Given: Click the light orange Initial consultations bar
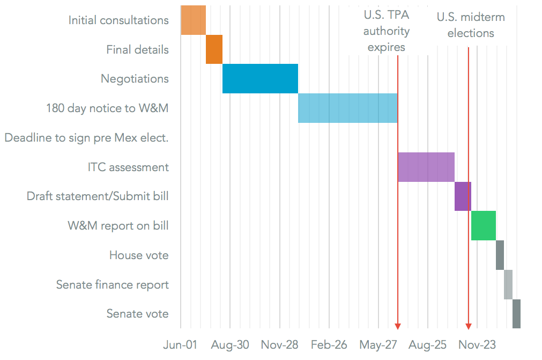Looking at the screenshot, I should (x=193, y=20).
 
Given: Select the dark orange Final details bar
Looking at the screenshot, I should (x=214, y=49).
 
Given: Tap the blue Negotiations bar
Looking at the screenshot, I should (x=260, y=78).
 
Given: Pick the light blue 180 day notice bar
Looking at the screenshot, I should (x=347, y=108).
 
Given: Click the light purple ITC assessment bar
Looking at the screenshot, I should (x=426, y=167).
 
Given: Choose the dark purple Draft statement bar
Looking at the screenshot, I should (x=463, y=196).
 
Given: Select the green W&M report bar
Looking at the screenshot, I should (x=484, y=225).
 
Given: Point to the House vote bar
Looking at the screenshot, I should (x=500, y=255).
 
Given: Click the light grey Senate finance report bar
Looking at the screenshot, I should (x=508, y=284).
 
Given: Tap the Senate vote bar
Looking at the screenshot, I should (x=516, y=314).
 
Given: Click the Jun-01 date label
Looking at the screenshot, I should (x=180, y=344).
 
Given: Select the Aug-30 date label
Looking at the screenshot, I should (x=230, y=344).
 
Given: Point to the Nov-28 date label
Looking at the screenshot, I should (x=280, y=344).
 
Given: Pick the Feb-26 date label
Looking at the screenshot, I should (x=329, y=344).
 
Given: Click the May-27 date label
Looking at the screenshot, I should (x=378, y=344).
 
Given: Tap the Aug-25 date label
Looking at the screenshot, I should (x=428, y=344).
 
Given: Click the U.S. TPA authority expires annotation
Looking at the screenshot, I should (x=386, y=32).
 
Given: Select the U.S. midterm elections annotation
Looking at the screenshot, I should (x=471, y=25).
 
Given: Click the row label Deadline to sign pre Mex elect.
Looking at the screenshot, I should (x=87, y=138).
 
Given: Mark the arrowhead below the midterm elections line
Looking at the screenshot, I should (x=469, y=326).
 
